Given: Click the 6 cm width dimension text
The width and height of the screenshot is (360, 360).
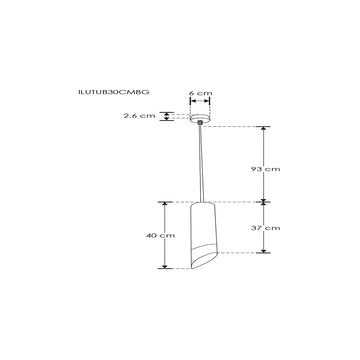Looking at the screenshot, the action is [201, 93].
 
